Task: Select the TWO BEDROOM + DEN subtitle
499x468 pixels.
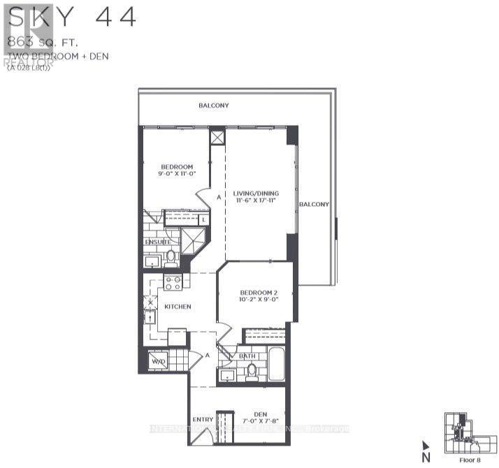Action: pyautogui.click(x=48, y=56)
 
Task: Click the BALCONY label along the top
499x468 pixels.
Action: pyautogui.click(x=213, y=105)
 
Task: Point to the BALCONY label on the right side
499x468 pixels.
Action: pyautogui.click(x=314, y=204)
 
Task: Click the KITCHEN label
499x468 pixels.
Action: pyautogui.click(x=178, y=306)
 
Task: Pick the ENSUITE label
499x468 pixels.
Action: pyautogui.click(x=158, y=242)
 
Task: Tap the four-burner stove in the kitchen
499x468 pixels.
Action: pyautogui.click(x=173, y=281)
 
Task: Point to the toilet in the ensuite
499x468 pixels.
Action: pyautogui.click(x=171, y=258)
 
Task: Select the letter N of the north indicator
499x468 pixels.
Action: pyautogui.click(x=425, y=458)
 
